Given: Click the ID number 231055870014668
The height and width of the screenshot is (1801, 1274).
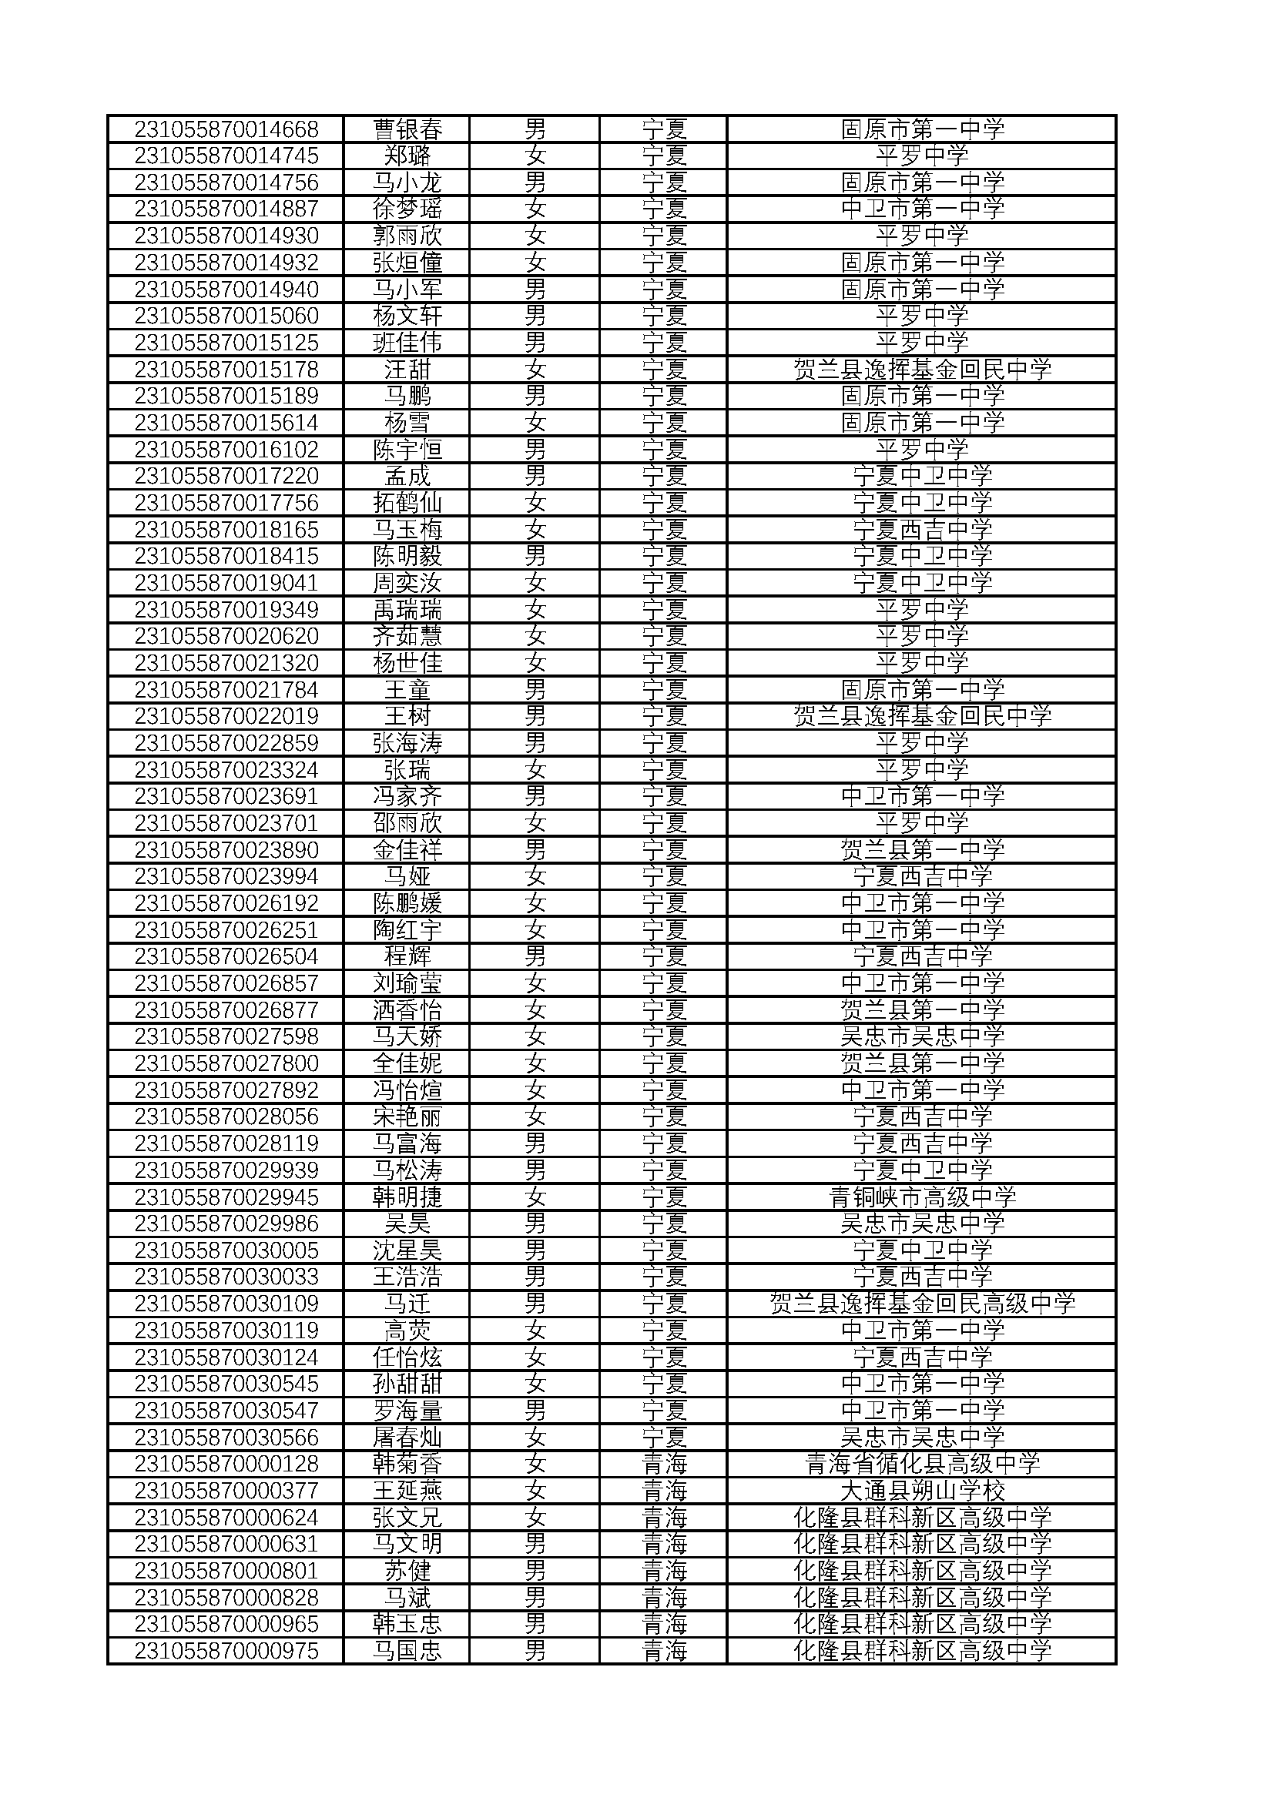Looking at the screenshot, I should click(x=226, y=129).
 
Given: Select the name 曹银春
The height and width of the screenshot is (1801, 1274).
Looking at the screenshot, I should click(x=407, y=129).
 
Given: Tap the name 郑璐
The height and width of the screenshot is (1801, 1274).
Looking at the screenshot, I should click(x=407, y=156).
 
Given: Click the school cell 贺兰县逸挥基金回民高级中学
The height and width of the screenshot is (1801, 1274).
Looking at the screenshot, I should click(x=922, y=1304).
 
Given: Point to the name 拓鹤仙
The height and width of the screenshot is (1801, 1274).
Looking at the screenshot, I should click(x=407, y=503).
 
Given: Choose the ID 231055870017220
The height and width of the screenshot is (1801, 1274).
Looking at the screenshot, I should click(x=226, y=476).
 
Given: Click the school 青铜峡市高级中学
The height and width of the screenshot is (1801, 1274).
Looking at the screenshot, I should click(x=922, y=1197).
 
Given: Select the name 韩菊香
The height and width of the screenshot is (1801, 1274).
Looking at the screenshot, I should click(x=407, y=1464).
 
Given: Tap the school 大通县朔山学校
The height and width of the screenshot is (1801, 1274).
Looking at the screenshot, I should click(x=922, y=1491).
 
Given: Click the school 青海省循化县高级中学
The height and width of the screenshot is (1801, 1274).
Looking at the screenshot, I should click(x=922, y=1464).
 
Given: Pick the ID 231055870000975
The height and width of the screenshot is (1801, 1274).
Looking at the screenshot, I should click(x=226, y=1651).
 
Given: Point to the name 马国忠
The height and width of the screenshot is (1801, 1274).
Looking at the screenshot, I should click(x=407, y=1651).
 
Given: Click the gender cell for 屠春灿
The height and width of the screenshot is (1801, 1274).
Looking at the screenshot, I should click(x=535, y=1437).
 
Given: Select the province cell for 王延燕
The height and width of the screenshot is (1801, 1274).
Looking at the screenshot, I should click(x=664, y=1491).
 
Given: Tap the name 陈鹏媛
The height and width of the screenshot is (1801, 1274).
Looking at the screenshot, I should click(x=407, y=903).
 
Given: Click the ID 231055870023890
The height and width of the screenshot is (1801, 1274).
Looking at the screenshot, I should click(x=226, y=849).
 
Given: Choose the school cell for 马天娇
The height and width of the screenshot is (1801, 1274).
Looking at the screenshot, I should click(x=922, y=1036).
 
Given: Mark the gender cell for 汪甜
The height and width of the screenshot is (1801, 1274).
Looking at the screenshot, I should click(x=535, y=370).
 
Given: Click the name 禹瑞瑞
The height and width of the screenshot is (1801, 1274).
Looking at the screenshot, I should click(x=407, y=610).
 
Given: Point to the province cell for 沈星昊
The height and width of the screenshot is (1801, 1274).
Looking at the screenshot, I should click(x=664, y=1250).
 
